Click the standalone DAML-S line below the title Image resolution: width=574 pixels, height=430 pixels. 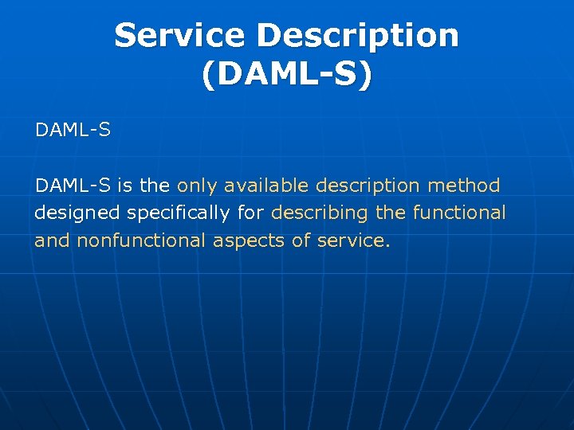pos(73,129)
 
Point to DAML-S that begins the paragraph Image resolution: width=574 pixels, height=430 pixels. pos(73,186)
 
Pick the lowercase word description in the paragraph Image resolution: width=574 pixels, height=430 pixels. pos(368,187)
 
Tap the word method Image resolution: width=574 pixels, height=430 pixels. pos(464,186)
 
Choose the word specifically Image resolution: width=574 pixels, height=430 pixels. pos(176,213)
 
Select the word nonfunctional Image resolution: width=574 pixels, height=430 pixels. pos(141,240)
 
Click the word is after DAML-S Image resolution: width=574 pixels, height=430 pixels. pos(124,186)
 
